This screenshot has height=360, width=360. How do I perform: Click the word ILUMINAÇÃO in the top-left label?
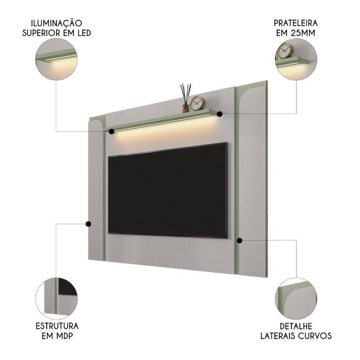[57, 23]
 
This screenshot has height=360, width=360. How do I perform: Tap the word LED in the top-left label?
[84, 33]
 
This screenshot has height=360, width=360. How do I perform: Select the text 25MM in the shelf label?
[302, 33]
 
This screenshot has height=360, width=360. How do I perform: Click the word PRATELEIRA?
[296, 23]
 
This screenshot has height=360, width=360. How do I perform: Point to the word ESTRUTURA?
[57, 326]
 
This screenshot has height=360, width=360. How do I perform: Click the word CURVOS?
[315, 336]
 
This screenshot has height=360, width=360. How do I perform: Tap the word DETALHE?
[296, 326]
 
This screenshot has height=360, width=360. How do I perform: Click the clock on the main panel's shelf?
[198, 103]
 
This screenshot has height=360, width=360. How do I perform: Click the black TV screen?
[168, 190]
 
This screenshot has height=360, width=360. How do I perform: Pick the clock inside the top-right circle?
[285, 51]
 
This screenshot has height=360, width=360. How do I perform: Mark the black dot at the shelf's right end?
[220, 114]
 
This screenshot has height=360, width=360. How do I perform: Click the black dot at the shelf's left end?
[112, 131]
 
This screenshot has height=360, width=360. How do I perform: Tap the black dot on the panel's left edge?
[88, 224]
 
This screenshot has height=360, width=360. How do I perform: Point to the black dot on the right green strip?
[239, 240]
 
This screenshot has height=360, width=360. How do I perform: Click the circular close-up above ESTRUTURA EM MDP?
[57, 298]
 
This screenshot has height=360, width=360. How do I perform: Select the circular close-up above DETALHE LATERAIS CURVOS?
[296, 298]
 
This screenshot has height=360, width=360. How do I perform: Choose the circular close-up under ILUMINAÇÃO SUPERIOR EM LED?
[57, 59]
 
